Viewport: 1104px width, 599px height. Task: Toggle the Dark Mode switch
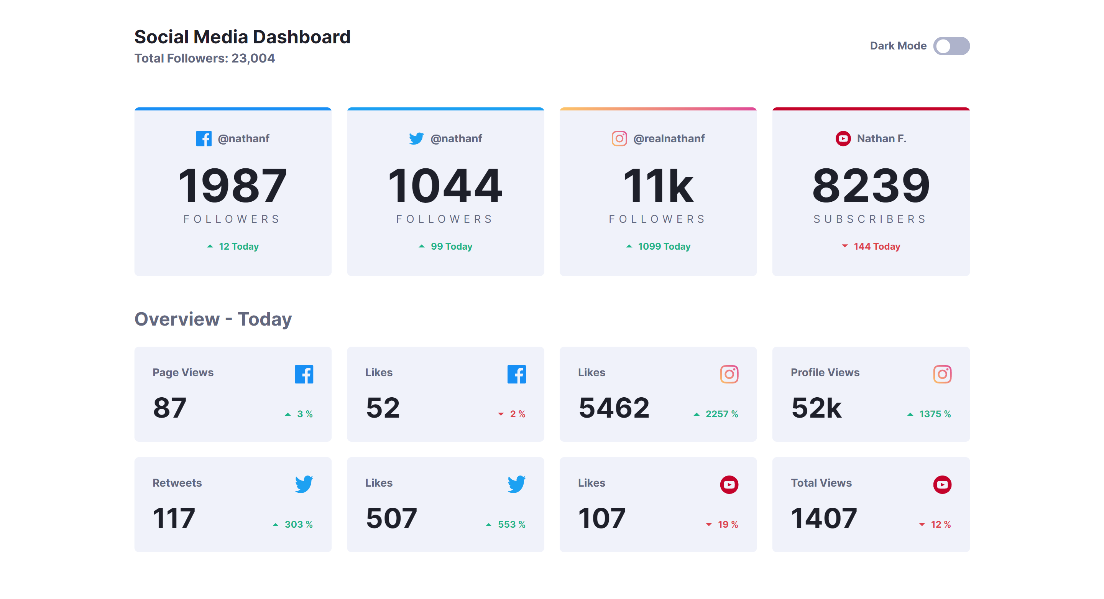(x=951, y=46)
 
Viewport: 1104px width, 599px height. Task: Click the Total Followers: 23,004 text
(x=204, y=58)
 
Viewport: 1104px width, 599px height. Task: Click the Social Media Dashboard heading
(x=242, y=37)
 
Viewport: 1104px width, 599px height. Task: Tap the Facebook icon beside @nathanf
(x=204, y=138)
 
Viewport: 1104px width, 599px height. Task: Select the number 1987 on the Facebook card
(x=232, y=186)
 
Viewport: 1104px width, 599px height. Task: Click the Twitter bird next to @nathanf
(x=416, y=138)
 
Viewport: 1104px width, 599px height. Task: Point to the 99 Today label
(x=451, y=247)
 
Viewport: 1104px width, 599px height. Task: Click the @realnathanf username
(x=669, y=138)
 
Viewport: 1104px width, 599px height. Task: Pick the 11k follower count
(x=658, y=186)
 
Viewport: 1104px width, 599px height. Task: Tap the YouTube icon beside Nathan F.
(x=843, y=138)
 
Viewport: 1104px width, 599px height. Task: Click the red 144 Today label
(x=876, y=247)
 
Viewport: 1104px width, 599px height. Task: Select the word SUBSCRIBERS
(x=870, y=219)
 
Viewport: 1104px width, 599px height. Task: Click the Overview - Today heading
(x=213, y=319)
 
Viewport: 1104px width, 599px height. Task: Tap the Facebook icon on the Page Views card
(x=304, y=374)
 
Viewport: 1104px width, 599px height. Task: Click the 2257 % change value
(x=721, y=414)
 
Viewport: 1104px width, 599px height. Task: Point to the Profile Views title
(x=825, y=373)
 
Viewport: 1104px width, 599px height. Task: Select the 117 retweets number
(x=174, y=518)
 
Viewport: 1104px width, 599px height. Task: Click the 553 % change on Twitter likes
(x=511, y=524)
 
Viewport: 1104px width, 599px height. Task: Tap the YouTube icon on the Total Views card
(x=941, y=484)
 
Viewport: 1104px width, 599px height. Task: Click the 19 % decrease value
(x=727, y=524)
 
